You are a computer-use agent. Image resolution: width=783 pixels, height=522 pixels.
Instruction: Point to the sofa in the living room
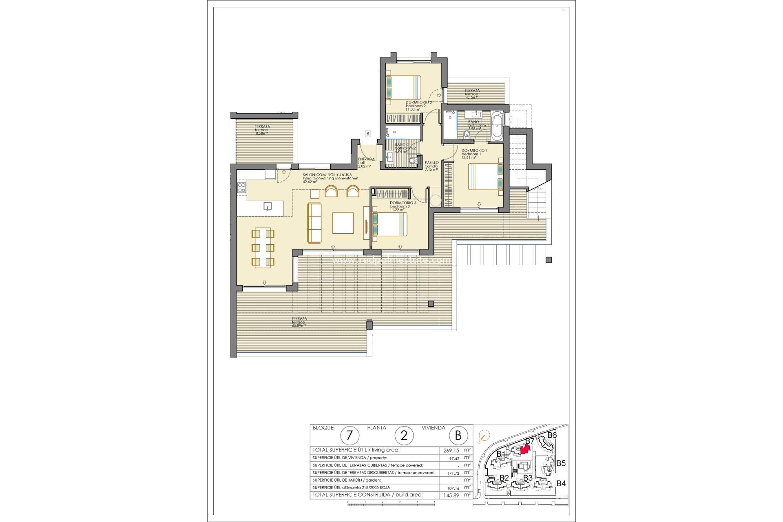(x=314, y=223)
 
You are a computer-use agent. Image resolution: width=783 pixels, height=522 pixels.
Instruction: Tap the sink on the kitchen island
(x=268, y=206)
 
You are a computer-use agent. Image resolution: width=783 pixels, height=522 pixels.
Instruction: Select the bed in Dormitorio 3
(x=389, y=225)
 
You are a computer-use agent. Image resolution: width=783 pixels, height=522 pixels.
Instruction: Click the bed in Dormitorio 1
(x=485, y=176)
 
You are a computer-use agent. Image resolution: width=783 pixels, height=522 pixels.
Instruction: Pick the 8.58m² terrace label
(x=262, y=130)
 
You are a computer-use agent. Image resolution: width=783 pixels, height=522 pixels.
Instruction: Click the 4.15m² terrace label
(x=472, y=94)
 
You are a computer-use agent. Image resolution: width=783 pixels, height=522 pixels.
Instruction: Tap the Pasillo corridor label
(x=431, y=166)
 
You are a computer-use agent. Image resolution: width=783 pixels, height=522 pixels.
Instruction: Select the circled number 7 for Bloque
(x=349, y=436)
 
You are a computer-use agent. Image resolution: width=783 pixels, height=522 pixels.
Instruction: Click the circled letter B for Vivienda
(x=458, y=436)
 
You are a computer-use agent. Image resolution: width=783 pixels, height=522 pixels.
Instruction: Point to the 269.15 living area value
(x=451, y=451)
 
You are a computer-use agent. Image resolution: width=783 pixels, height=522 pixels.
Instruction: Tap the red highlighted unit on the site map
(x=526, y=448)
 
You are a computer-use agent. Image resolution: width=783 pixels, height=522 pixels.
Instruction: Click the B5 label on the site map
(x=561, y=463)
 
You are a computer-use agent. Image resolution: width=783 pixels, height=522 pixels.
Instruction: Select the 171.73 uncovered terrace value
(x=451, y=473)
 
